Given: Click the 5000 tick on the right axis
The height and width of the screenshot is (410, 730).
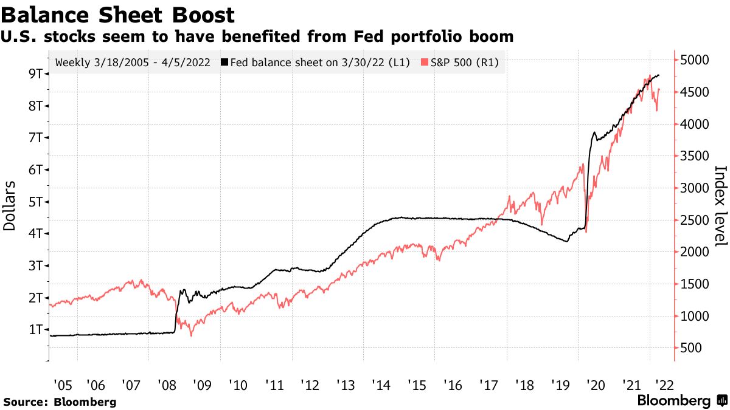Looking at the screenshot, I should point(694,60).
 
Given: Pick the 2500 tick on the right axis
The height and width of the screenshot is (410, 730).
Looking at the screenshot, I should point(694,220).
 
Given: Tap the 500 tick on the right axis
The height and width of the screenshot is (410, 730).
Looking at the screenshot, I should point(691,348).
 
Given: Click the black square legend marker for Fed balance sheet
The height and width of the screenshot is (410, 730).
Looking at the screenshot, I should point(225,63).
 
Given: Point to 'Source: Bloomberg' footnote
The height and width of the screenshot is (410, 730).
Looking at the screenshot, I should point(60,401).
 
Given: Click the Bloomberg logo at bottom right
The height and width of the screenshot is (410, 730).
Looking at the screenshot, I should point(681,401).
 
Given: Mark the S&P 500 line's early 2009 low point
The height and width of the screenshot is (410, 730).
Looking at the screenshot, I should point(192,335).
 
